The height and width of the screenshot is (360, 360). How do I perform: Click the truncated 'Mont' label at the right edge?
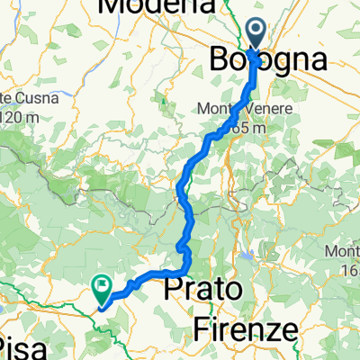342,249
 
